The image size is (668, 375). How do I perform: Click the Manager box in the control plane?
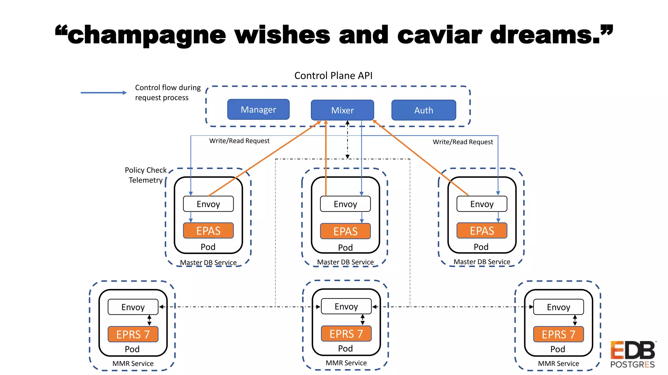[x=258, y=109]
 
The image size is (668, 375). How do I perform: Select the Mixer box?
[x=342, y=110]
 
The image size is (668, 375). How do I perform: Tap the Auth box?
[x=423, y=110]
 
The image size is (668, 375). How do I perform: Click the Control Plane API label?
[x=333, y=76]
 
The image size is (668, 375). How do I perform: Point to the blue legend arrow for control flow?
[x=103, y=93]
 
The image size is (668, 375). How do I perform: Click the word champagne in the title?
[x=146, y=35]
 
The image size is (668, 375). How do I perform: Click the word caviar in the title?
[x=439, y=35]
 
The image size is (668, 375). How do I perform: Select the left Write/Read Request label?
[x=239, y=141]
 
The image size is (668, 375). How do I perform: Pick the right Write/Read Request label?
[x=463, y=142]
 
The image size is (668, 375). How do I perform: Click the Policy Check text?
[x=145, y=170]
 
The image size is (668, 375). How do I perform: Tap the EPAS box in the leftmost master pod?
[x=208, y=230]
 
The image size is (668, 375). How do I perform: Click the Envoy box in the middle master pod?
[x=345, y=204]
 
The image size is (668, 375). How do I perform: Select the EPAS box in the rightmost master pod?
[x=481, y=230]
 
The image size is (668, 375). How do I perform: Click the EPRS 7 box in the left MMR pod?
[x=133, y=334]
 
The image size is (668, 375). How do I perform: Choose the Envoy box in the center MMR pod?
[x=346, y=306]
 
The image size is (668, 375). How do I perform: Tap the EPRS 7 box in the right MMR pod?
[x=558, y=334]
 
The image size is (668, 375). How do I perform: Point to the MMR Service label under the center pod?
[x=346, y=363]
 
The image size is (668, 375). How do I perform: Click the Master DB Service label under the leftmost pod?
[x=208, y=262]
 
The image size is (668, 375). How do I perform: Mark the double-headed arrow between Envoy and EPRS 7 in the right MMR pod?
[x=575, y=320]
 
